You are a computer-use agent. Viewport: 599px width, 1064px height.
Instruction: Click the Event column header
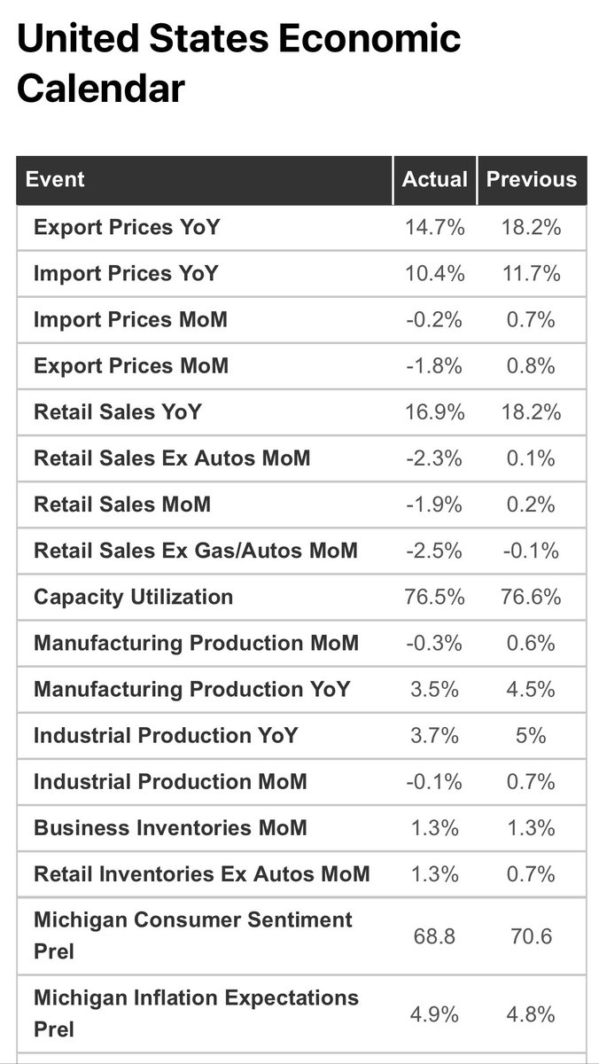[x=55, y=179]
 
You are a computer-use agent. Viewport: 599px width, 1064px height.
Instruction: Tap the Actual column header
[x=434, y=179]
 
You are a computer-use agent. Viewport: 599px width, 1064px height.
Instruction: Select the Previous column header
[x=531, y=179]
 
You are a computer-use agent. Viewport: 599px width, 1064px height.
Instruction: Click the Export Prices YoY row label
[x=127, y=227]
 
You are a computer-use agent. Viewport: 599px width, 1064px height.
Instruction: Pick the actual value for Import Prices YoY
[x=434, y=274]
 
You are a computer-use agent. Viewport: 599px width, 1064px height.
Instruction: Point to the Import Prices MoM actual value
[x=434, y=320]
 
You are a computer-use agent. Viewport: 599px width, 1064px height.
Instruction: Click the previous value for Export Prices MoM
[x=531, y=365]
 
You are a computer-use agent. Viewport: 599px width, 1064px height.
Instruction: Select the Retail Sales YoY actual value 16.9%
[x=434, y=411]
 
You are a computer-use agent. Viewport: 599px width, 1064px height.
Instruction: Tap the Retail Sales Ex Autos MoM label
[x=172, y=458]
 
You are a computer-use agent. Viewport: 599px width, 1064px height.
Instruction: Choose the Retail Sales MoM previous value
[x=531, y=505]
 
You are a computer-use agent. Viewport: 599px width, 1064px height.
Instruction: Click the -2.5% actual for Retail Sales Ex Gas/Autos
[x=434, y=551]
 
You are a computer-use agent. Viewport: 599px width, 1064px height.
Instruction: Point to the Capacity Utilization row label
[x=134, y=598]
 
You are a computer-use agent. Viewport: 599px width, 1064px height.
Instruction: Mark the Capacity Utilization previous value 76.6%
[x=531, y=597]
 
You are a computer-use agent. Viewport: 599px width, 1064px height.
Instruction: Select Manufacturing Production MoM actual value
[x=434, y=643]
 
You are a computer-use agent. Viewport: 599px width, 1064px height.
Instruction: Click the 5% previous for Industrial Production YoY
[x=531, y=736]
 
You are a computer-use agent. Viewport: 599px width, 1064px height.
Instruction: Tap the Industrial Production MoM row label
[x=170, y=782]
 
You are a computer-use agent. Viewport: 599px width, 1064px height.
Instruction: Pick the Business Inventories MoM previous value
[x=531, y=828]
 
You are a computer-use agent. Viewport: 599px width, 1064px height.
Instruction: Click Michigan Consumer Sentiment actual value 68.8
[x=434, y=936]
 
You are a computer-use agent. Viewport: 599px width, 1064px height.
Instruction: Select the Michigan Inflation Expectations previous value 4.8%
[x=531, y=1014]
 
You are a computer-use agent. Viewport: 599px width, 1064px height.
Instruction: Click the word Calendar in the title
[x=101, y=89]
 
